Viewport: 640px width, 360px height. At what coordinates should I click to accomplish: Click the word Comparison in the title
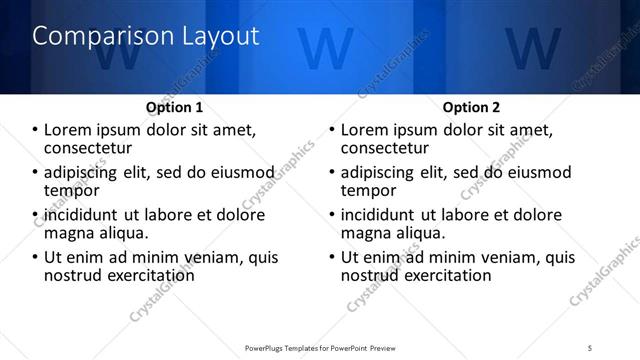click(x=92, y=37)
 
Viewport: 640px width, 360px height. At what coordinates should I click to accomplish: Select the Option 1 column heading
click(x=174, y=107)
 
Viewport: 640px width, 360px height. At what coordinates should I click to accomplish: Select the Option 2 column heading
click(x=471, y=107)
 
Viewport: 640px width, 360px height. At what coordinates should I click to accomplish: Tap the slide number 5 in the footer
click(x=591, y=347)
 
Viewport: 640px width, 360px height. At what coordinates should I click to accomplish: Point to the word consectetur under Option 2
click(x=389, y=147)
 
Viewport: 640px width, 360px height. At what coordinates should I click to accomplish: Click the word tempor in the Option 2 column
click(x=369, y=190)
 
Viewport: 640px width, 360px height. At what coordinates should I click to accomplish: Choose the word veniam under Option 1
click(x=211, y=257)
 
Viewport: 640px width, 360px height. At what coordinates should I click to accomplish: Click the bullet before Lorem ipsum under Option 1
click(x=35, y=130)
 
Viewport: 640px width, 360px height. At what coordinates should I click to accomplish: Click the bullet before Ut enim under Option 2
click(x=332, y=257)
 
